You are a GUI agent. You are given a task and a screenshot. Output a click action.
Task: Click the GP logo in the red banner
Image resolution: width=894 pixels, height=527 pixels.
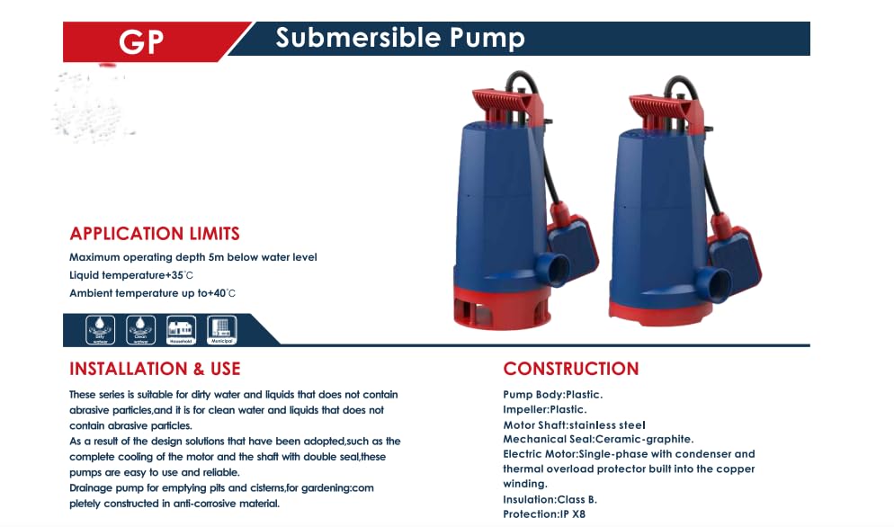141,41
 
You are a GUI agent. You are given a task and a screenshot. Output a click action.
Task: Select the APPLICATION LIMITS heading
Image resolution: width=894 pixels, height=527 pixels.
155,234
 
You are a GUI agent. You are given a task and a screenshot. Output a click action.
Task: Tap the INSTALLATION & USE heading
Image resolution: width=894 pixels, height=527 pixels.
155,369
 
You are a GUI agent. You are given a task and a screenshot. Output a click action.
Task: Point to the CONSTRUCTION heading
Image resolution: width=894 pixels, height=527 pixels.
570,369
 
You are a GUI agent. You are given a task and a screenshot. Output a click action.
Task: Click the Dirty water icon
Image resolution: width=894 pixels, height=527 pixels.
99,329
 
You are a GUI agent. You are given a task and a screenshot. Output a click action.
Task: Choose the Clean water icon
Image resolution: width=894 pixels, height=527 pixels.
140,329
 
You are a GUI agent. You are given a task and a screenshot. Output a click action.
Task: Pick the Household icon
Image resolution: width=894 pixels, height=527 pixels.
181,329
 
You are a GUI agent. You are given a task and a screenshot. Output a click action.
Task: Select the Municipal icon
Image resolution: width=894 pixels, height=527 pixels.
221,329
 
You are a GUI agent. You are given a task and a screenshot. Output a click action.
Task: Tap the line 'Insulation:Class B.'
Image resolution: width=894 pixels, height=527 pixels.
550,499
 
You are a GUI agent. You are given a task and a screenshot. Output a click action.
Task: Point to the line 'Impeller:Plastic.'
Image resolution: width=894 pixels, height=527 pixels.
544,409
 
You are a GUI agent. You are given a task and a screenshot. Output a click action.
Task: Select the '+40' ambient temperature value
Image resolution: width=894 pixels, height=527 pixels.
220,293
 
